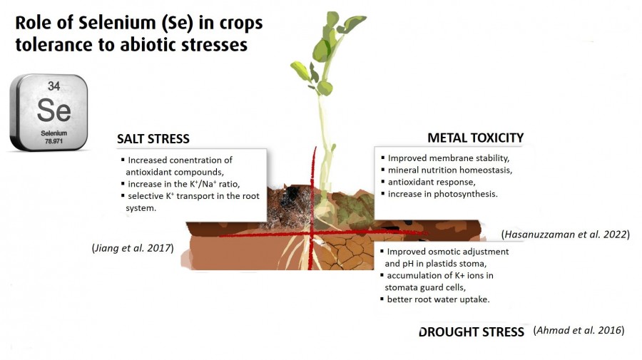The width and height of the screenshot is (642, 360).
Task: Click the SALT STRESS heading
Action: tap(153, 139)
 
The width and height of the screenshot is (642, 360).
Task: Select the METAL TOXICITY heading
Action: tap(475, 138)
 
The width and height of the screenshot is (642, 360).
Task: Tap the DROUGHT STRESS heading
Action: tap(472, 331)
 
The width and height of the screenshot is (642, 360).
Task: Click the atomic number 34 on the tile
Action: tap(53, 86)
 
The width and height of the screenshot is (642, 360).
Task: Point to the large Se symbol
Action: tap(53, 110)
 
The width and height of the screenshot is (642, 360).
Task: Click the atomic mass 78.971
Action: tap(53, 142)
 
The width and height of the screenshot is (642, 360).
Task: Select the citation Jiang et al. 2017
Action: tap(133, 248)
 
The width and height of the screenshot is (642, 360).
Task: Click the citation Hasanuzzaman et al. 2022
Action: tap(566, 235)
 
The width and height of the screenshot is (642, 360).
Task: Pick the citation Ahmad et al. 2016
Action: tap(579, 330)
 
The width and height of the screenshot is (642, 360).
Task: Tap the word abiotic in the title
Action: tap(149, 45)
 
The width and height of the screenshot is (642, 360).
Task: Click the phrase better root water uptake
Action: tap(438, 299)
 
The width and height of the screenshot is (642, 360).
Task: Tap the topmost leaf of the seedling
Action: tap(332, 19)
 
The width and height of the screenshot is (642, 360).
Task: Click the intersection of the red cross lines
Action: tap(312, 234)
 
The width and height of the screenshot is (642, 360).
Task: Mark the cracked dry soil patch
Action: tap(347, 253)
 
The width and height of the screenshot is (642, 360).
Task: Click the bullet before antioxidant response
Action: tap(383, 181)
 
